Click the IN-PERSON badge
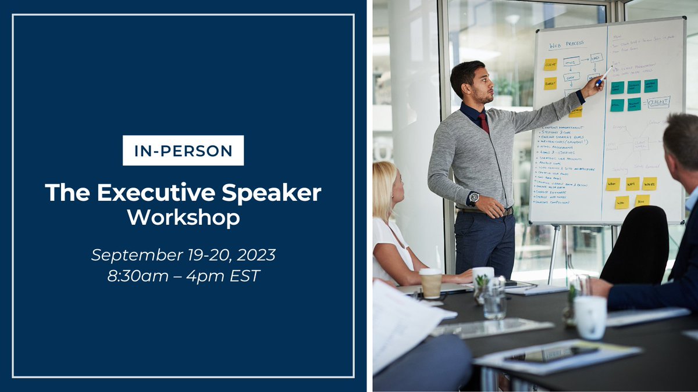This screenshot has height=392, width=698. [183, 150]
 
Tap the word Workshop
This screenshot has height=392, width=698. [183, 218]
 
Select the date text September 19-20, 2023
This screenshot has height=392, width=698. [183, 254]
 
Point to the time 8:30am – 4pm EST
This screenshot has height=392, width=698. [183, 275]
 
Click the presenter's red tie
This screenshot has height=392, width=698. [484, 123]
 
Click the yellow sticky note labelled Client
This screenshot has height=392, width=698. [550, 64]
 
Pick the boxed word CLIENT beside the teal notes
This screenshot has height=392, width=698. [658, 102]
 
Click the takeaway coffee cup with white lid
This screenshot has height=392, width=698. [430, 283]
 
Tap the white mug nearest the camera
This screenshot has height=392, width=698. [590, 317]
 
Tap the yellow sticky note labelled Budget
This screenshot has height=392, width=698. [550, 83]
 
